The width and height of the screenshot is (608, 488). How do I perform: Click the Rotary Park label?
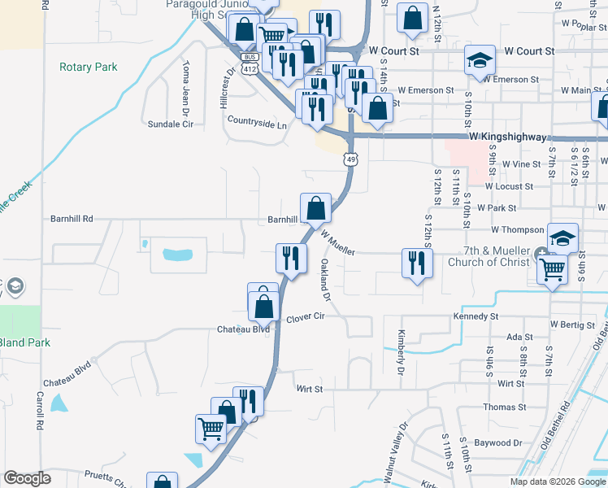[89, 68]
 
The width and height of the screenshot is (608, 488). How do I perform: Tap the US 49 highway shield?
[350, 159]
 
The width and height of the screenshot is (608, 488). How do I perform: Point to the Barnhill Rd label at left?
[72, 219]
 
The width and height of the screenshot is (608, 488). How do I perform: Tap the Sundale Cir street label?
[170, 124]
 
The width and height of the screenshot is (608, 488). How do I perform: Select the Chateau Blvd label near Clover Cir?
[242, 329]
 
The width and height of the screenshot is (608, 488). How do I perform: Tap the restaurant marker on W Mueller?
[416, 263]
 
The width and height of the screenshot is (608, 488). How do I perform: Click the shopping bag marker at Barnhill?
[315, 208]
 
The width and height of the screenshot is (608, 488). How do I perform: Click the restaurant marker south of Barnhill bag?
[290, 258]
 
